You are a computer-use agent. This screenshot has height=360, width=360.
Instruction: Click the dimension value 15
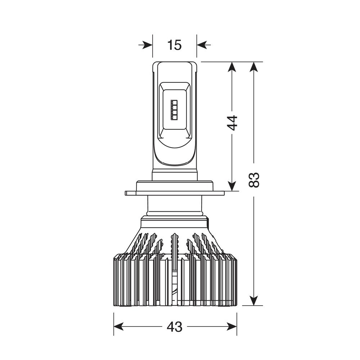[175, 45]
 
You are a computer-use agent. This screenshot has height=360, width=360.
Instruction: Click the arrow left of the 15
[145, 45]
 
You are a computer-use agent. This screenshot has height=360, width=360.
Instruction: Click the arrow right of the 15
[204, 45]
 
